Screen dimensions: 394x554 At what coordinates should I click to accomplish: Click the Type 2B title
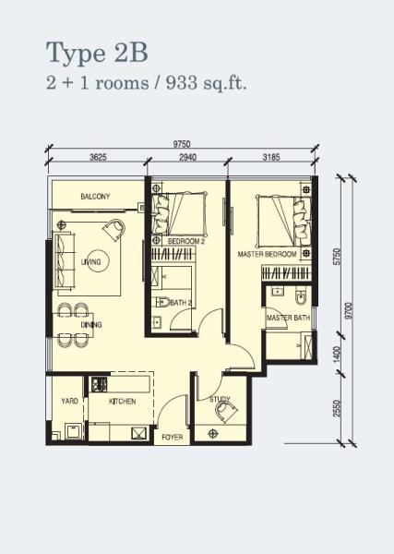click(97, 53)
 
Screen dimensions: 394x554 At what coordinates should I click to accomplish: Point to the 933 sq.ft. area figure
click(206, 83)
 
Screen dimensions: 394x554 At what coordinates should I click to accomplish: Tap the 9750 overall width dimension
click(182, 144)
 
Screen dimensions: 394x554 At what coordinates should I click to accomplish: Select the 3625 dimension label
click(98, 157)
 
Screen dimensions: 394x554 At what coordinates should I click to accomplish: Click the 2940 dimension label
click(188, 157)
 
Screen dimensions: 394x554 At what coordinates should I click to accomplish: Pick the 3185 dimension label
click(271, 157)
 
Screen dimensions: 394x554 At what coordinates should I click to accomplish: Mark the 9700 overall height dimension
click(349, 311)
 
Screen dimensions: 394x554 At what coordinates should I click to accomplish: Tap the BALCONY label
click(95, 197)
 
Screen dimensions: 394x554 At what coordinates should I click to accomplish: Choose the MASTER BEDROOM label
click(267, 254)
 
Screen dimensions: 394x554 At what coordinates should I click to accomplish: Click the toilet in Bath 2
click(162, 302)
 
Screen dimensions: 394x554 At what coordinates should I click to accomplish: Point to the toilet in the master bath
click(300, 297)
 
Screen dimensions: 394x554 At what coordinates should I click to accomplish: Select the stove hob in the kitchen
click(100, 384)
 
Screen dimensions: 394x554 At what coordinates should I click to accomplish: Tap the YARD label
click(69, 401)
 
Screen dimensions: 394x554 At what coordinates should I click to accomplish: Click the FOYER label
click(173, 437)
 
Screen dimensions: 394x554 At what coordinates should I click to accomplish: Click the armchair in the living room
click(114, 230)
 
